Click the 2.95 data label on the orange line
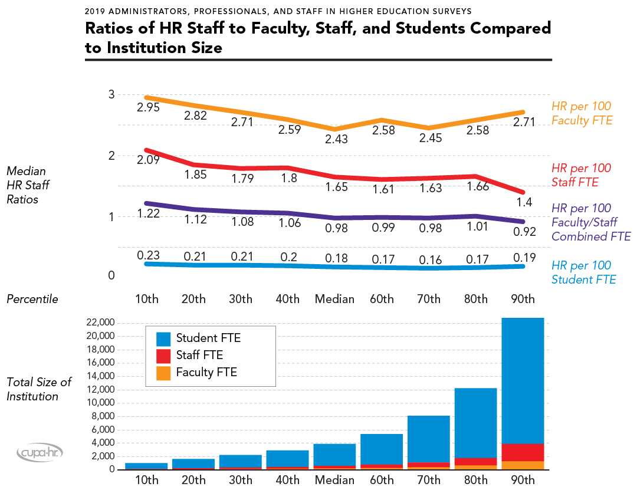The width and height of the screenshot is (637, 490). point(148,108)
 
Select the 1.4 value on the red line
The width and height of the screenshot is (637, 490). point(524,202)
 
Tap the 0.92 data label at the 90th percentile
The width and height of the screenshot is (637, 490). point(524,232)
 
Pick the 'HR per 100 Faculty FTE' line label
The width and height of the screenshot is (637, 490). point(581,113)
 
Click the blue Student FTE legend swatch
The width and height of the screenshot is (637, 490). point(163,338)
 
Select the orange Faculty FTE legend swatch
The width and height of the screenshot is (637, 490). point(163,373)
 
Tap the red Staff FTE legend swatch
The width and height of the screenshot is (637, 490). point(163,356)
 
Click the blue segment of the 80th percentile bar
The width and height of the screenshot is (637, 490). point(475,422)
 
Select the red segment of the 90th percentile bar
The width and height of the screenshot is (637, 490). point(523,452)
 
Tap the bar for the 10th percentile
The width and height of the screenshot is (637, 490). point(146,466)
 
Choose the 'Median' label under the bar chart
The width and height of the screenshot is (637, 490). point(334,479)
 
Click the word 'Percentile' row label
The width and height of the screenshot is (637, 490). point(32,299)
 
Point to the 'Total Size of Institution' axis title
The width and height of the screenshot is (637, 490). point(39,389)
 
